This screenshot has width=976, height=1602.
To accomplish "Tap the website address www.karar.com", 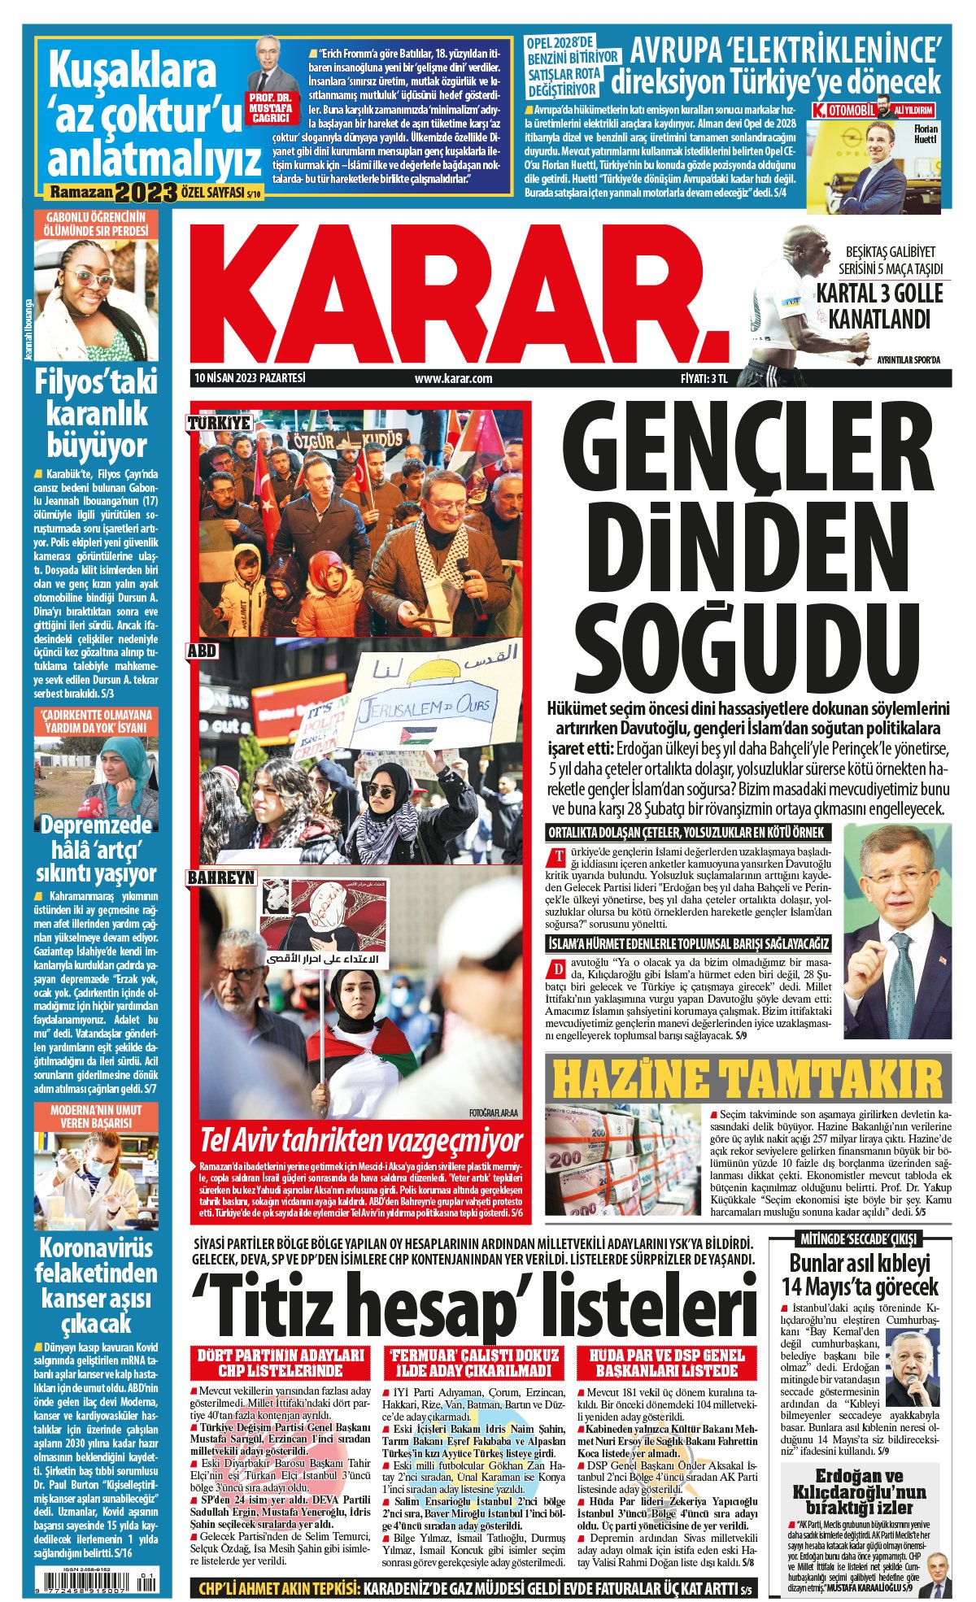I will tap(453, 378).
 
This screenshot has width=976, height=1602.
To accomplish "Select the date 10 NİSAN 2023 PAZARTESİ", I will tap(250, 378).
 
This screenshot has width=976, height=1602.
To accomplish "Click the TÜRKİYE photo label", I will tap(220, 424).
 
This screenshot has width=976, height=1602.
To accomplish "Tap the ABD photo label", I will tap(203, 651).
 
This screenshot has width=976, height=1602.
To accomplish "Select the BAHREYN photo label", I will tap(221, 878).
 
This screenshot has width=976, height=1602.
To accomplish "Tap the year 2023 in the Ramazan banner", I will tap(146, 193).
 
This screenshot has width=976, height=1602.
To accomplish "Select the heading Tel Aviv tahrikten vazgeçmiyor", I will tap(361, 1140).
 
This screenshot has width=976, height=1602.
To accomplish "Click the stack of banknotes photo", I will tap(623, 1159).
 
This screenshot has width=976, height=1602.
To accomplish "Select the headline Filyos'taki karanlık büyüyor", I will tap(97, 414).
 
